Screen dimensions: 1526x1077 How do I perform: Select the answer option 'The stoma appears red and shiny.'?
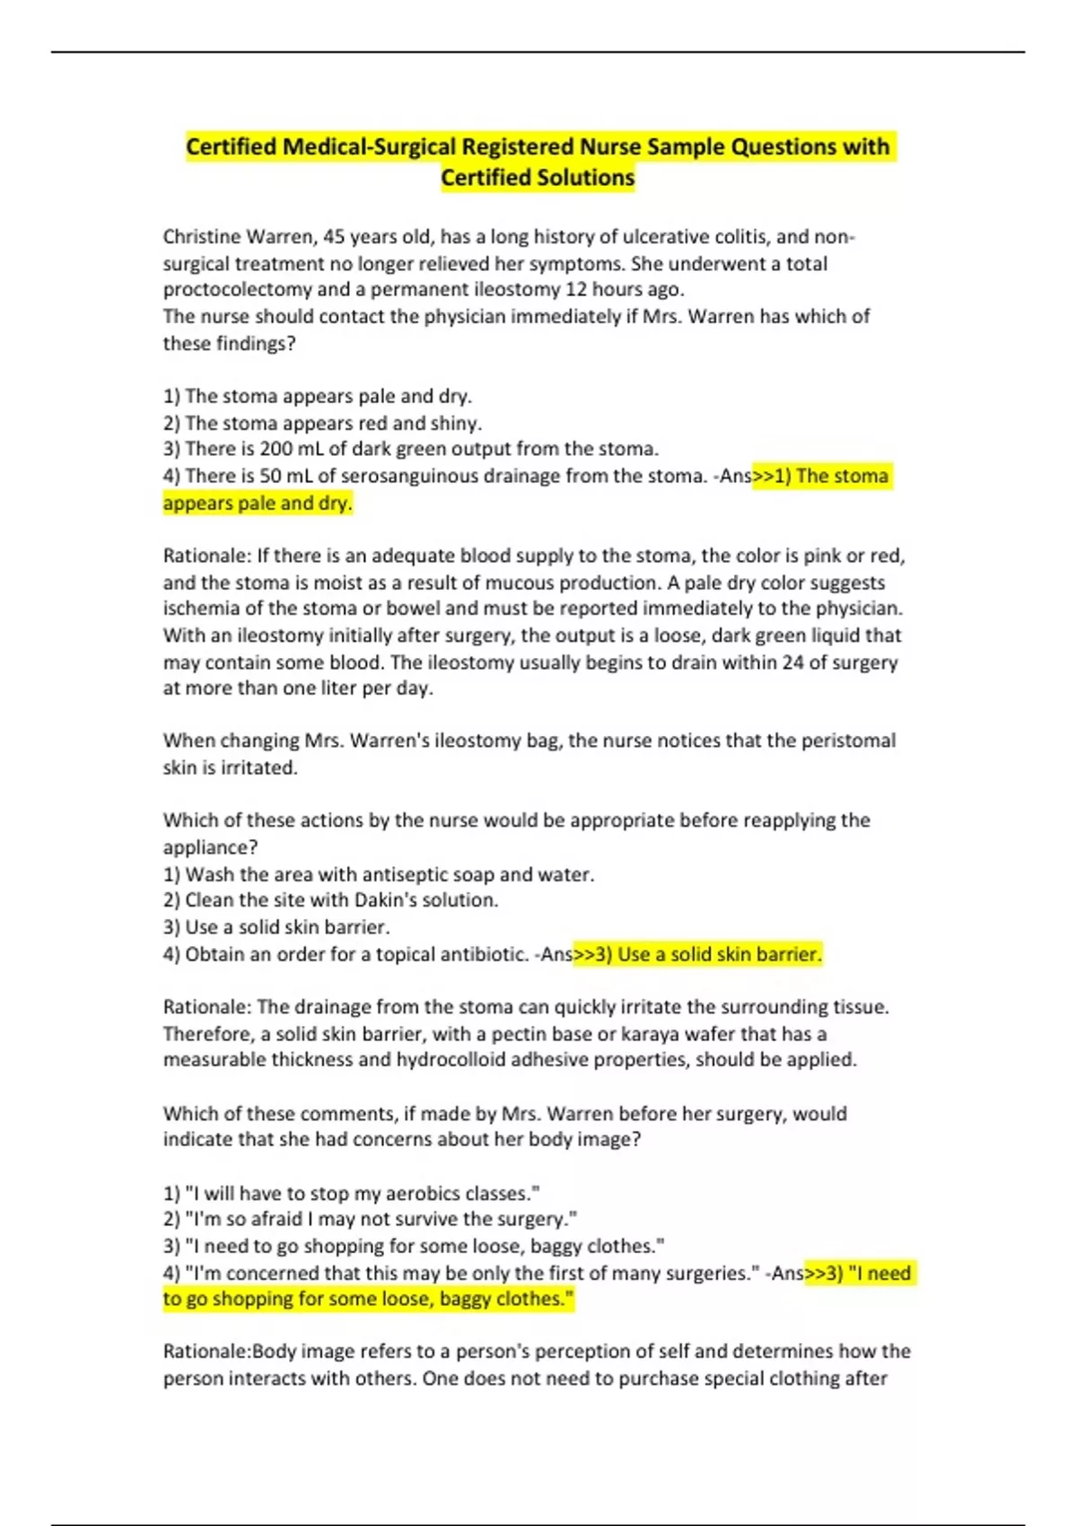point(323,423)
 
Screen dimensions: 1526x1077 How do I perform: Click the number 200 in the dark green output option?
point(276,449)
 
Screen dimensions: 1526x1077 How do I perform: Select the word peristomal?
point(848,741)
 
